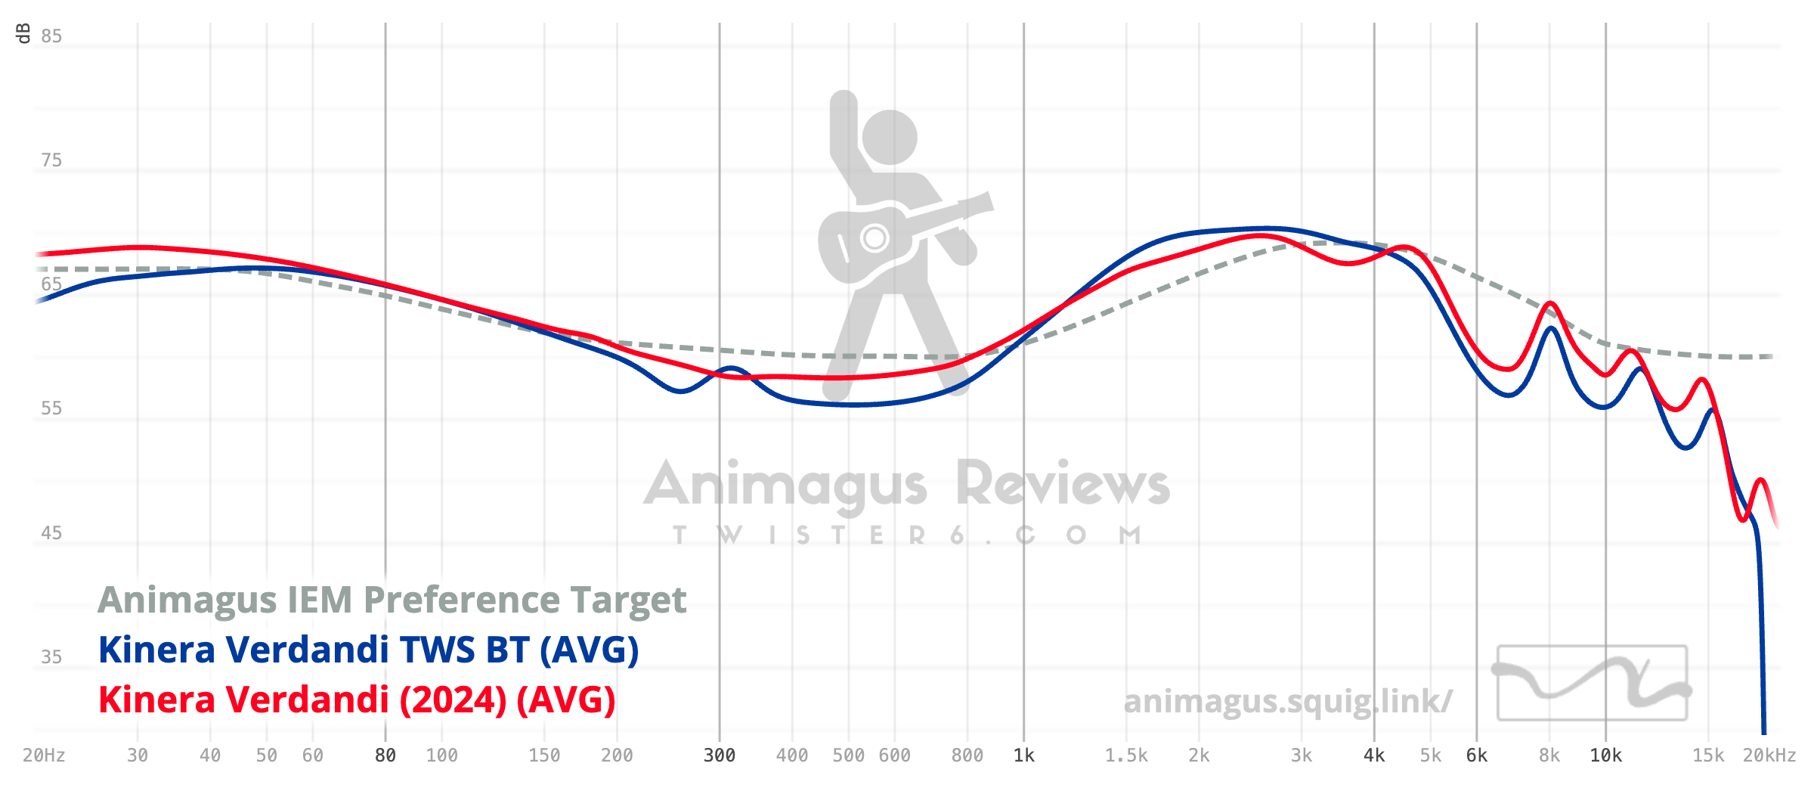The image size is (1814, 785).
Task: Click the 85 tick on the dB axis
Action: pyautogui.click(x=51, y=36)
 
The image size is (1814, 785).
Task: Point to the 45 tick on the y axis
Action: pyautogui.click(x=51, y=533)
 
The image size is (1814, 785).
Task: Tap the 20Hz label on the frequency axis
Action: pyautogui.click(x=44, y=756)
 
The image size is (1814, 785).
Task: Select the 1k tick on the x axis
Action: pyautogui.click(x=1024, y=756)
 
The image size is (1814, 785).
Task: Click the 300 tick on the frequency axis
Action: pyautogui.click(x=720, y=756)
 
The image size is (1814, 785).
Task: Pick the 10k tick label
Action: pyautogui.click(x=1605, y=756)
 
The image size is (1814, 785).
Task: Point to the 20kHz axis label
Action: pyautogui.click(x=1769, y=756)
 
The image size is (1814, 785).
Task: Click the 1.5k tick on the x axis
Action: pyautogui.click(x=1126, y=756)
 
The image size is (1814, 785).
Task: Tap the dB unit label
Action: pyautogui.click(x=23, y=33)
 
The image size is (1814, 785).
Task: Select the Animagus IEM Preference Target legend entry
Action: pyautogui.click(x=392, y=600)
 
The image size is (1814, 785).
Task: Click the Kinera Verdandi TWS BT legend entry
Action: pyautogui.click(x=368, y=650)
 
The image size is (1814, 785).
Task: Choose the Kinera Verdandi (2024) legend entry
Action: pyautogui.click(x=357, y=700)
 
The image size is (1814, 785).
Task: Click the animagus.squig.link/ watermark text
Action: pyautogui.click(x=1287, y=701)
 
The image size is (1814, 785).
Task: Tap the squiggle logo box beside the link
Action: pyautogui.click(x=1592, y=683)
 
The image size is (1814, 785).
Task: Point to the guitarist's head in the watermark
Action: pyautogui.click(x=890, y=138)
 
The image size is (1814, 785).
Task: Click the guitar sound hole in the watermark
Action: pyautogui.click(x=874, y=238)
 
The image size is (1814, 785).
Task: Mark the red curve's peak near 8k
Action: pyautogui.click(x=1550, y=303)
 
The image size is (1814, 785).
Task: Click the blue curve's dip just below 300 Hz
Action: pyautogui.click(x=680, y=391)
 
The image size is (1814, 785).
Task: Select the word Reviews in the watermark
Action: pyautogui.click(x=1063, y=484)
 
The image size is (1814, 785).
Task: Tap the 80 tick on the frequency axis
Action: pyautogui.click(x=385, y=756)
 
